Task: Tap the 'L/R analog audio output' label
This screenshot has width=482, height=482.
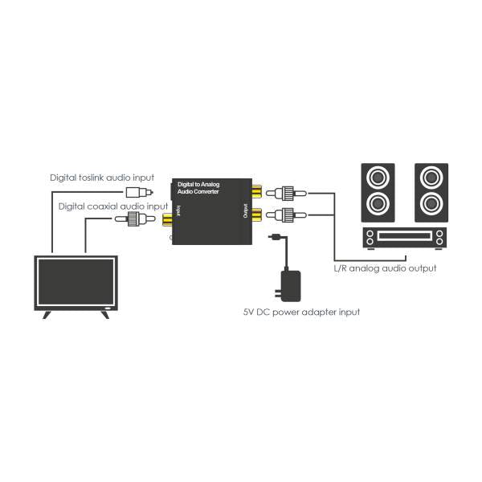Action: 385,268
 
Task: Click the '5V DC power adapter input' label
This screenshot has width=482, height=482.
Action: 301,311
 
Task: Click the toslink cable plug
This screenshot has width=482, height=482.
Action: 136,192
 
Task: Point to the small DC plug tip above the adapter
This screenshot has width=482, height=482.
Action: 276,237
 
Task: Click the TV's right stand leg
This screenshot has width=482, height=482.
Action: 104,313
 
